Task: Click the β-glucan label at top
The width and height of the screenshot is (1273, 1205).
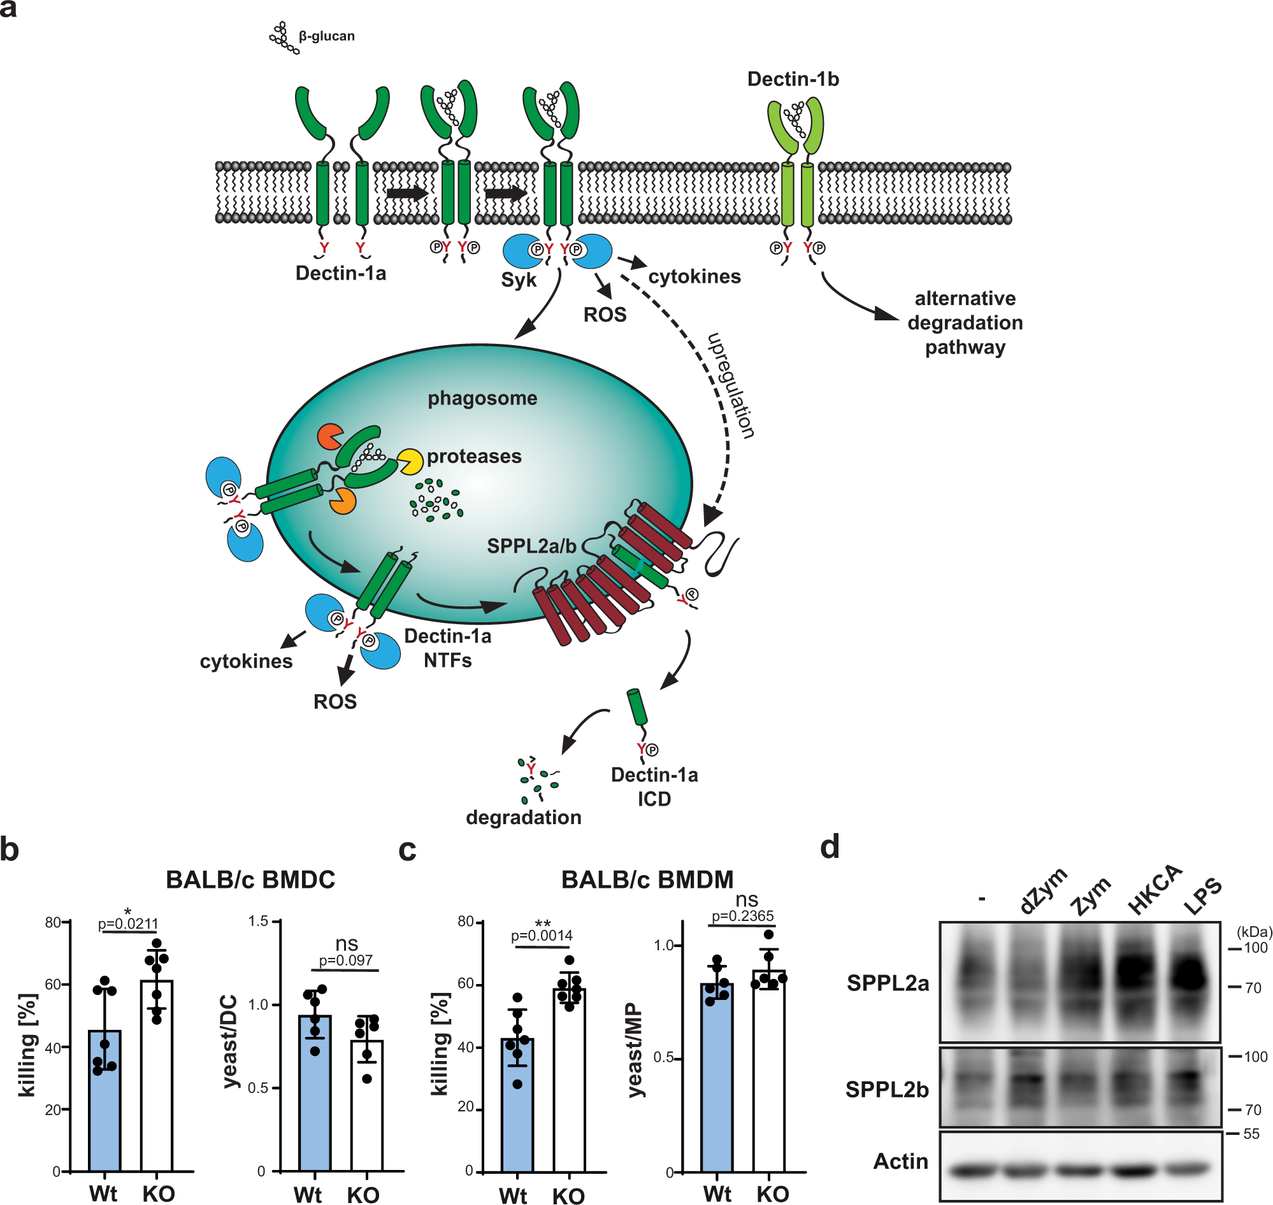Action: pos(326,36)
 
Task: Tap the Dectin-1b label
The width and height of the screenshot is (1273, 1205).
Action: pos(793,79)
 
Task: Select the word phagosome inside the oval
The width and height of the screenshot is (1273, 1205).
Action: pos(482,397)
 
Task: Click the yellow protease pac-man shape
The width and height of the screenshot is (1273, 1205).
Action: pos(408,461)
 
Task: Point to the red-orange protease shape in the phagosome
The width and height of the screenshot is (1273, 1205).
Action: pos(329,437)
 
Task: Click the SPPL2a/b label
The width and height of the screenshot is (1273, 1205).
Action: pos(531,546)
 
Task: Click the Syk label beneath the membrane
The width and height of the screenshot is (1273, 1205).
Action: pos(518,280)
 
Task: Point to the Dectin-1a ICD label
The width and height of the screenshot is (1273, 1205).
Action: pos(654,786)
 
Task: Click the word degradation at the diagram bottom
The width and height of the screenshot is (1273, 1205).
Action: pos(523,817)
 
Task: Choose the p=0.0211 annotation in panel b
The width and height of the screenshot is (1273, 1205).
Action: pos(127,923)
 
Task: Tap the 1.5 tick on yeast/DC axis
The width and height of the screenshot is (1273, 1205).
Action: pos(258,922)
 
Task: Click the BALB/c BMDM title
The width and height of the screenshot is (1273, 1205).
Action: pos(647,880)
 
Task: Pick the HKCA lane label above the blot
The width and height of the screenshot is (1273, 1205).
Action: pos(1154,889)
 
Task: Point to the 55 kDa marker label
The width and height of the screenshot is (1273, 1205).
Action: pos(1251,1134)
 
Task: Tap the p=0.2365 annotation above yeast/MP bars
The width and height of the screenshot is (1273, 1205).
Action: pos(742,916)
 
